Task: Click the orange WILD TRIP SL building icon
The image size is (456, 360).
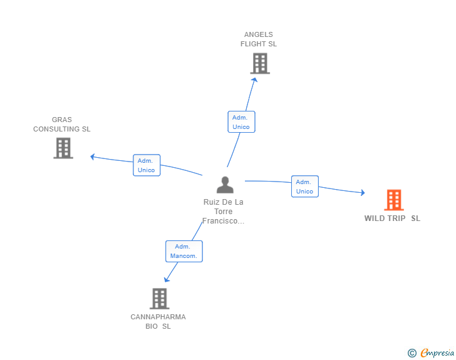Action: tap(394, 200)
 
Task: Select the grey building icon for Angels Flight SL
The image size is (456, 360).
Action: tap(260, 63)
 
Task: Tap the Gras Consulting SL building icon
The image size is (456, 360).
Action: tap(63, 148)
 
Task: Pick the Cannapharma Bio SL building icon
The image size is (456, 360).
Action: tap(159, 299)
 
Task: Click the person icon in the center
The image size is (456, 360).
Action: tap(225, 185)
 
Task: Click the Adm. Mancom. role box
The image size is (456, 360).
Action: tap(184, 251)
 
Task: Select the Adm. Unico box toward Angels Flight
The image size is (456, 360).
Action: tap(241, 122)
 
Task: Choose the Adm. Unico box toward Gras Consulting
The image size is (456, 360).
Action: tap(147, 165)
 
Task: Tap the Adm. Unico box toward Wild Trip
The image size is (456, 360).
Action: tap(305, 187)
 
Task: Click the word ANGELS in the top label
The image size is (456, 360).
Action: tap(259, 34)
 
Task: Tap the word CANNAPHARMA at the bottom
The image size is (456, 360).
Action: tap(158, 317)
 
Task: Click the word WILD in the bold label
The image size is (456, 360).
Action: tap(373, 219)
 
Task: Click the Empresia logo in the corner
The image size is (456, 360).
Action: tap(437, 353)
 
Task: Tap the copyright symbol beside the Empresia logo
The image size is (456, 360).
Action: tap(412, 353)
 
